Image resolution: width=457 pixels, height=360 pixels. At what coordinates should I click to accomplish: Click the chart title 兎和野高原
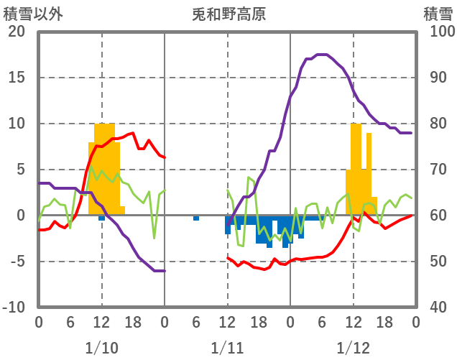[x=229, y=14]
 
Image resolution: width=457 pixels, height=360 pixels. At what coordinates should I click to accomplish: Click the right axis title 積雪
[x=438, y=14]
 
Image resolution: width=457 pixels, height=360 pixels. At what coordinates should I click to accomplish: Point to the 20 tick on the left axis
[x=16, y=32]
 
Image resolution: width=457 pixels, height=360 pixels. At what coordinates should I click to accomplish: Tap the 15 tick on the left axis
[x=16, y=78]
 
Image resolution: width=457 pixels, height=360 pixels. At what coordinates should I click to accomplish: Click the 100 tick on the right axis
[x=441, y=32]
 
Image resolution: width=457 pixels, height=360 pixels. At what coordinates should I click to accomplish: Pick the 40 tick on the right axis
[x=438, y=307]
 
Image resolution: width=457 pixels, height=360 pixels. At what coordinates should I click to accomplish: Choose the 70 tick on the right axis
[x=438, y=170]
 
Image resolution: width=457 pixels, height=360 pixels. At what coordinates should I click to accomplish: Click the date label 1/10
[x=101, y=349]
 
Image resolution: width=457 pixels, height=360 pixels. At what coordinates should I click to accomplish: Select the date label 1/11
[x=227, y=349]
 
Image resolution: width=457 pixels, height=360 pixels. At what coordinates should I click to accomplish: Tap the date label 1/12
[x=353, y=349]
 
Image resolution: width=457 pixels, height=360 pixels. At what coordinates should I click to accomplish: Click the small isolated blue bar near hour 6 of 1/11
[x=196, y=218]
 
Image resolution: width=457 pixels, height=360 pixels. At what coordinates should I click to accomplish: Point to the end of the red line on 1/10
[x=165, y=157]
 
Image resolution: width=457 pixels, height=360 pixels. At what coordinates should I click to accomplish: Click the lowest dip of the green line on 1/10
[x=154, y=238]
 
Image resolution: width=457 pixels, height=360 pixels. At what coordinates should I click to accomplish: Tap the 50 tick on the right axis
[x=438, y=261]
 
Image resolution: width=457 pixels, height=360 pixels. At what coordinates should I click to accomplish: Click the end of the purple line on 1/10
[x=165, y=271]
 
